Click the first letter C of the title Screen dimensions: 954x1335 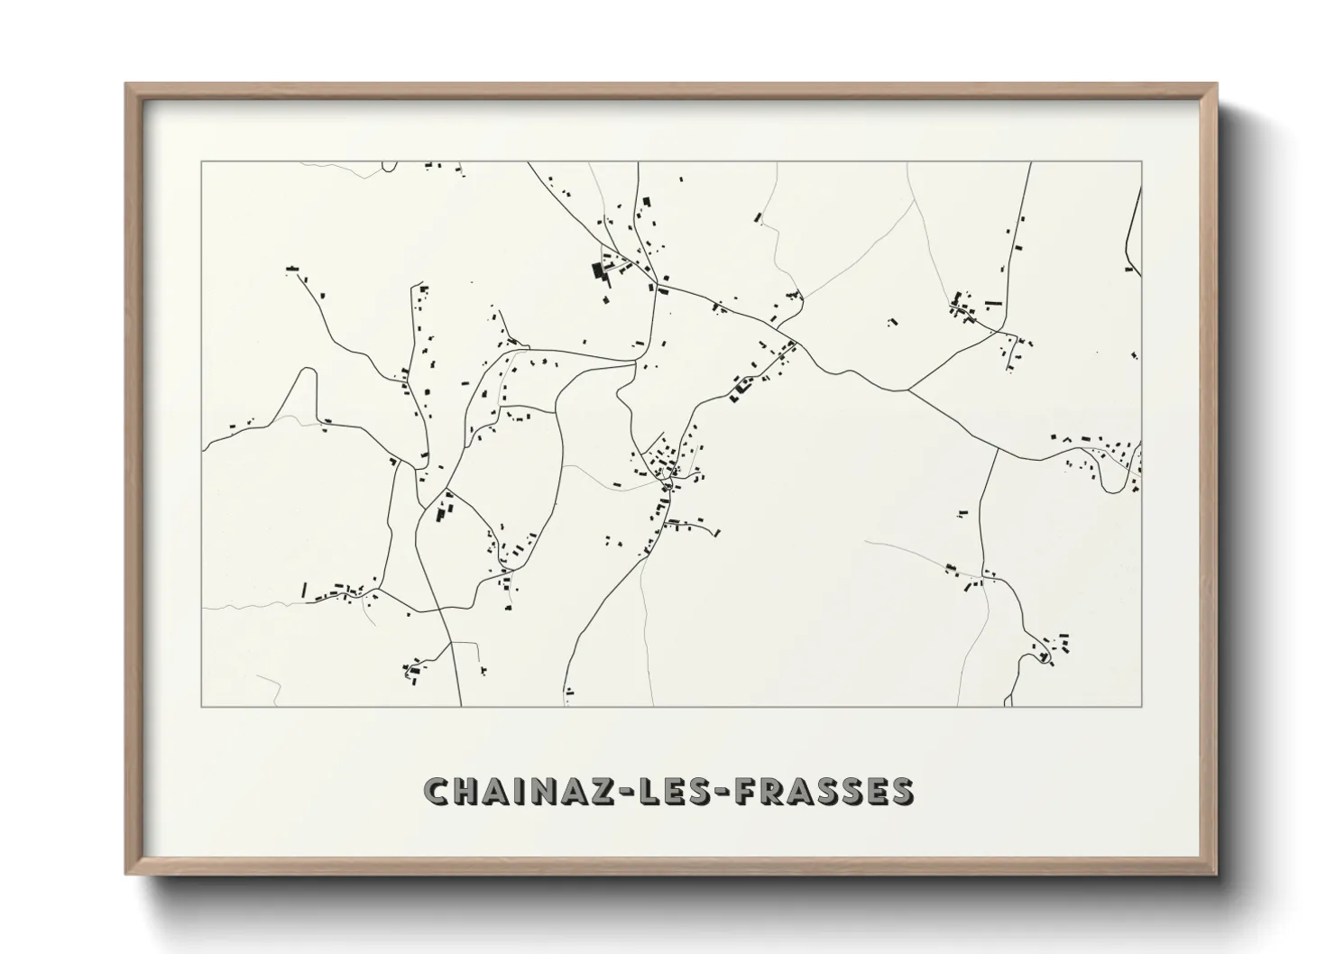click(437, 791)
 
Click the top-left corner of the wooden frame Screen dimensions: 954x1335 click(126, 85)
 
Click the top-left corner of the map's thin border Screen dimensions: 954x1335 click(202, 162)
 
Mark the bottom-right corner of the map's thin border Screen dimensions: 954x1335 click(1142, 706)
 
